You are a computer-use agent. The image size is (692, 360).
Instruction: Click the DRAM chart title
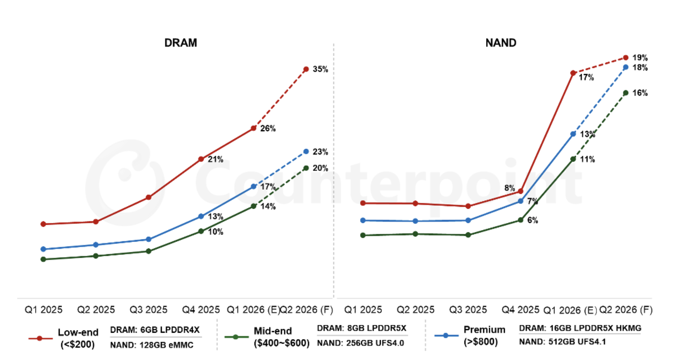pos(180,43)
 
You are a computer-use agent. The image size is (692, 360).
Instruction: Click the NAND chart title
pos(501,43)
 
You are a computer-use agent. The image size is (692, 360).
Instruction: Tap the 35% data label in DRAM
pos(320,69)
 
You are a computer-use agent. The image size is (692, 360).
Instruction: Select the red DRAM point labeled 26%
pos(253,128)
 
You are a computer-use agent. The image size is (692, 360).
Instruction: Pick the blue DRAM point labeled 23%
pos(306,152)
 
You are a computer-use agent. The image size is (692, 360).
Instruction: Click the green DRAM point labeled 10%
pos(201,231)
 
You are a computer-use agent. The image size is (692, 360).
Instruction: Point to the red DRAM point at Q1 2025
pos(43,224)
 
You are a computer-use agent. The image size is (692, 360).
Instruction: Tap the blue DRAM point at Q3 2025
pos(148,239)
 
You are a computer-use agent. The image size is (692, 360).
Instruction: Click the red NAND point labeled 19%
pos(626,58)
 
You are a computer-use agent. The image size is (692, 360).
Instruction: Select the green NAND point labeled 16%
pos(626,93)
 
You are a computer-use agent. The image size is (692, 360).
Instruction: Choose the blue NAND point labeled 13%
pos(573,134)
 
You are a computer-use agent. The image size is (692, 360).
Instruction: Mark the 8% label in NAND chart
pos(509,188)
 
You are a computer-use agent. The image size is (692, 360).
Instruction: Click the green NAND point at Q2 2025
pos(415,234)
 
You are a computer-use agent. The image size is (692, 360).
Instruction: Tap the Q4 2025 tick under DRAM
pos(201,310)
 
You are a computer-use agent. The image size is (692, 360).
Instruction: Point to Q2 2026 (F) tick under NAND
pos(626,310)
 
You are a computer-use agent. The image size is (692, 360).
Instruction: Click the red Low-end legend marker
pos(40,338)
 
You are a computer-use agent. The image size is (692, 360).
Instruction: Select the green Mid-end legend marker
pos(235,337)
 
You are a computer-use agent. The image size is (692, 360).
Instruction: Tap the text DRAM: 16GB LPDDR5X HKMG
pos(580,328)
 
